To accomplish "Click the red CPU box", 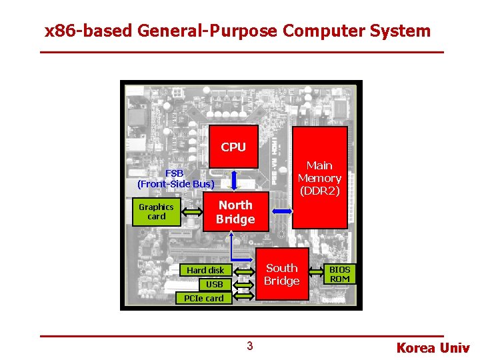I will pos(233,147).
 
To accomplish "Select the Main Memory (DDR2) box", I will pos(319,178).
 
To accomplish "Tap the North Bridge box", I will pos(235,212).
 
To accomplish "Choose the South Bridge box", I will pos(282,274).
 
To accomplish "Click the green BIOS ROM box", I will pos(339,274).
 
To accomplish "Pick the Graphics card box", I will pos(156,211).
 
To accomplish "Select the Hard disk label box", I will pos(205,270).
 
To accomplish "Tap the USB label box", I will pos(214,285).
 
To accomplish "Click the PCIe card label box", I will pos(204,298).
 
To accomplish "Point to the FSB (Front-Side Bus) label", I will pos(176,179).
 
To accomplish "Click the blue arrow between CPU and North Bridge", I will pos(233,180).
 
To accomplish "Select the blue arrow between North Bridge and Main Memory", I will pos(282,211).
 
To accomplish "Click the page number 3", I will pos(249,345).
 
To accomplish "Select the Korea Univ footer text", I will pos(433,347).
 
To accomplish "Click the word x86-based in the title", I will pos(83,31).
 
